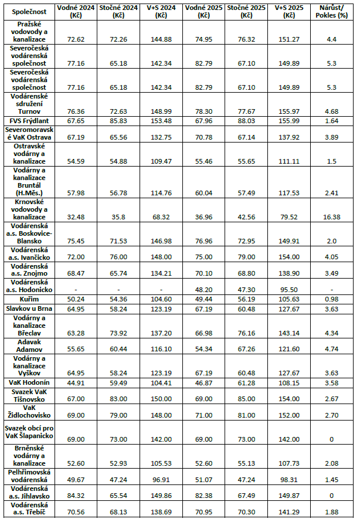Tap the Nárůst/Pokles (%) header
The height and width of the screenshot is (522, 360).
pos(331,11)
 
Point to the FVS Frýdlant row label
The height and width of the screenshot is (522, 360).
pos(29,121)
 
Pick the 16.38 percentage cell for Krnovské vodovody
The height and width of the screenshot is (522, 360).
pos(331,217)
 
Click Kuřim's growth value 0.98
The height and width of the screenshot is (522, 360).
pos(331,299)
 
